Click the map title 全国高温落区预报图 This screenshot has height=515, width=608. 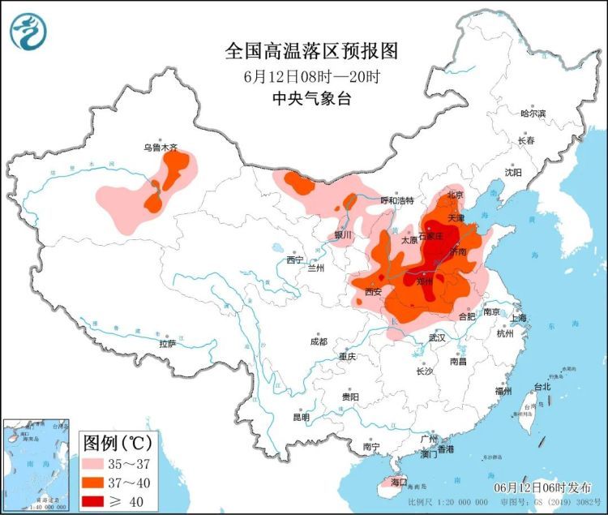(x=312, y=52)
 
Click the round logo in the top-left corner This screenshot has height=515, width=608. (x=28, y=32)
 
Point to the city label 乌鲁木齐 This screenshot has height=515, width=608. (x=160, y=148)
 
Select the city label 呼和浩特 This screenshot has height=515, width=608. (x=397, y=200)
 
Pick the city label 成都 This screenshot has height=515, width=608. (x=318, y=341)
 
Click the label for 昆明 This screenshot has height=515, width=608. (x=301, y=417)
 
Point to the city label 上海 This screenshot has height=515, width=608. (x=518, y=317)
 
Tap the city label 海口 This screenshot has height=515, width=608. (x=398, y=482)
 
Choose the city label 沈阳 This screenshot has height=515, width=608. (x=513, y=172)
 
